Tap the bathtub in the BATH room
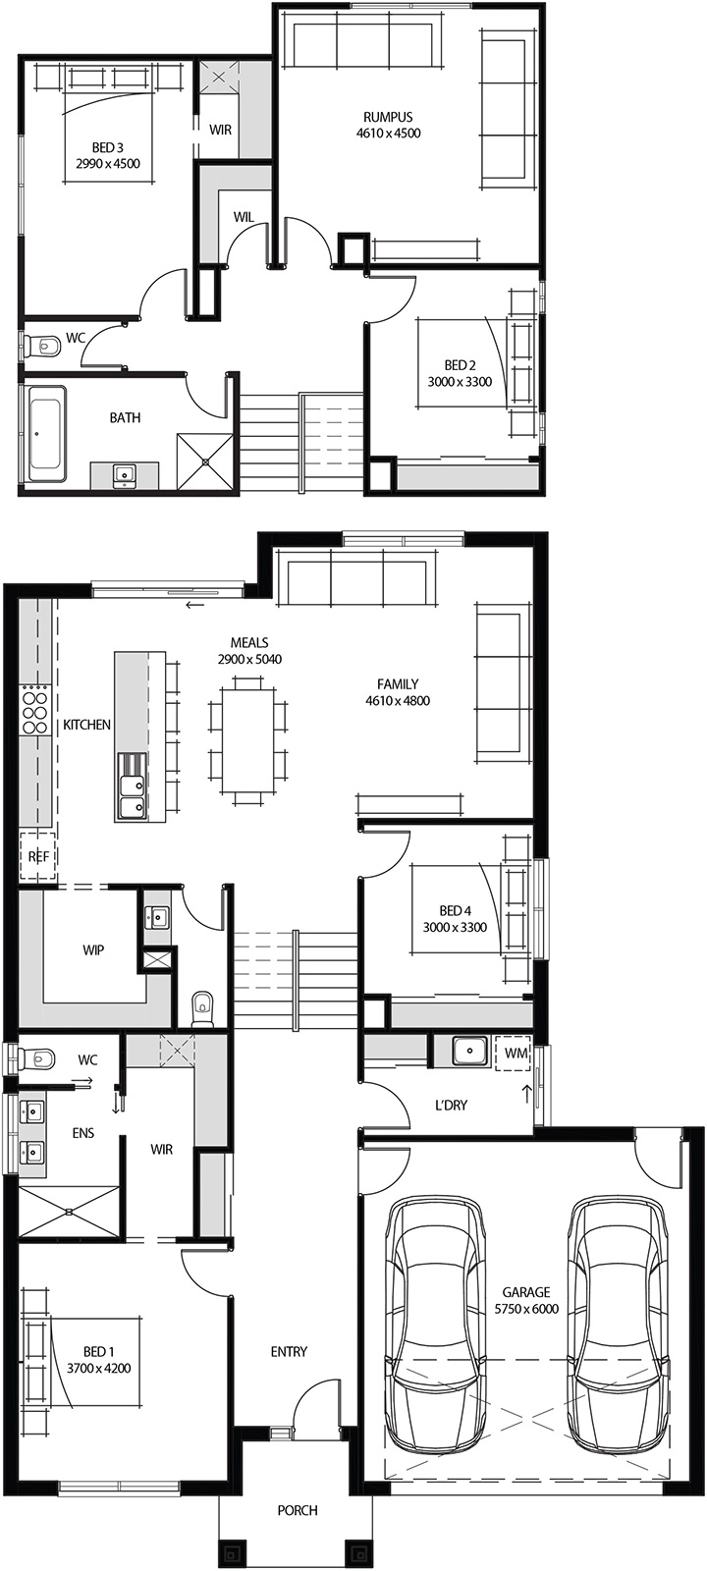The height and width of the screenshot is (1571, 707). pyautogui.click(x=47, y=432)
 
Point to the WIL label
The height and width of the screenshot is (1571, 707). pyautogui.click(x=245, y=216)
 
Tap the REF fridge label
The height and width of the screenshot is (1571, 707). pyautogui.click(x=38, y=856)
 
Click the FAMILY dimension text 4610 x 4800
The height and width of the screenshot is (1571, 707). pyautogui.click(x=398, y=701)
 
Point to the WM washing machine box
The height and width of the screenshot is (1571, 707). pyautogui.click(x=516, y=1054)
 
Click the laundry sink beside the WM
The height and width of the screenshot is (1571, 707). pyautogui.click(x=469, y=1052)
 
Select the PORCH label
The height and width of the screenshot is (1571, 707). pyautogui.click(x=297, y=1510)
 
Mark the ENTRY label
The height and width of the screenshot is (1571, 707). pyautogui.click(x=289, y=1352)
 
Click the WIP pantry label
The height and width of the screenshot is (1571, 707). pyautogui.click(x=93, y=950)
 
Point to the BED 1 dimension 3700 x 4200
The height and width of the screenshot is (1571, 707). pyautogui.click(x=98, y=1368)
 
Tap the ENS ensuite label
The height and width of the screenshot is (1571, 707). pyautogui.click(x=83, y=1133)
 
